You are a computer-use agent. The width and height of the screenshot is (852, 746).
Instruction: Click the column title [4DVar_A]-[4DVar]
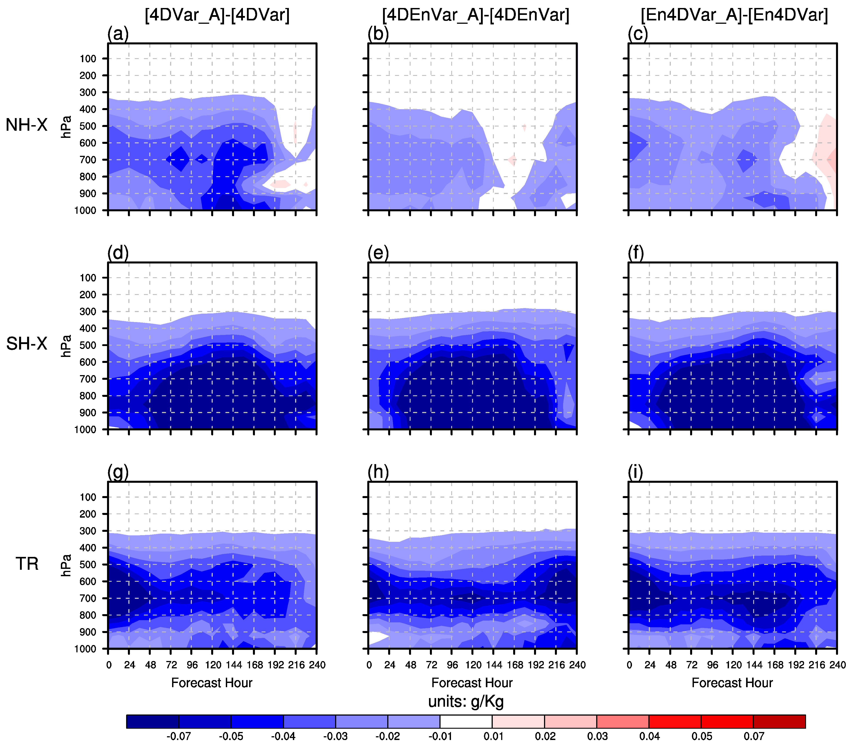(217, 15)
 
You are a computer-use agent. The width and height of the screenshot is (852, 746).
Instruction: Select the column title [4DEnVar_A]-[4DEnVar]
(476, 15)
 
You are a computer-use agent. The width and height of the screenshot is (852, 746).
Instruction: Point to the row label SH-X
(27, 344)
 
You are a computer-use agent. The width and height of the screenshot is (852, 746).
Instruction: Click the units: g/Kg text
(466, 701)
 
